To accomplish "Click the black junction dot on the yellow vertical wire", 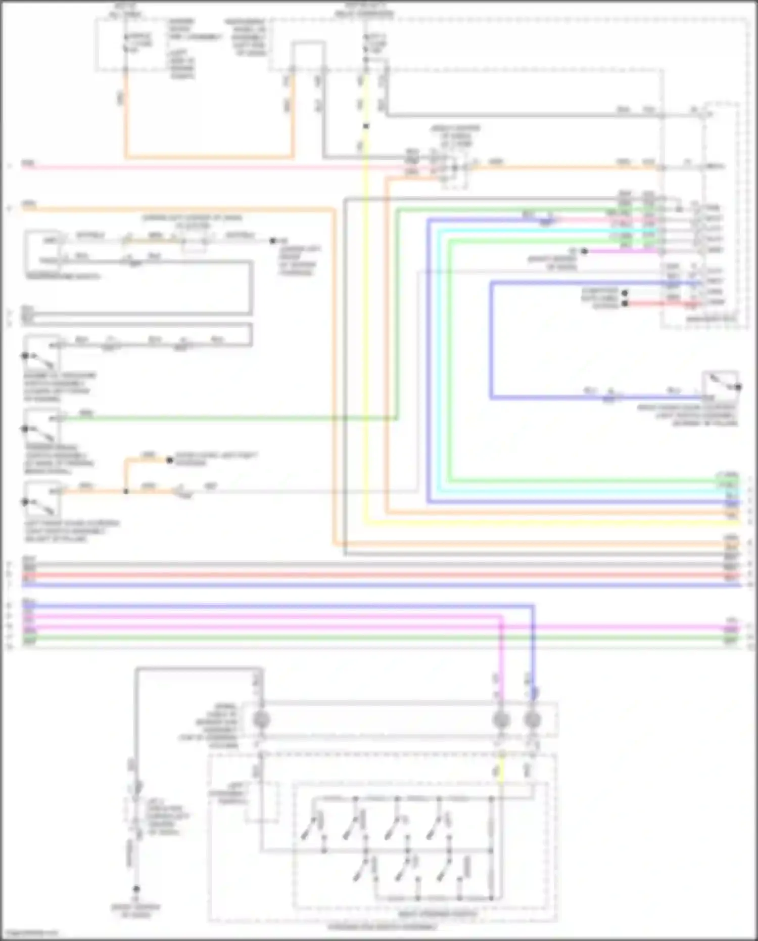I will (366, 126).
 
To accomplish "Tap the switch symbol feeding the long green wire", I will (43, 426).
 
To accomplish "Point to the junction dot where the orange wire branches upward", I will (126, 491).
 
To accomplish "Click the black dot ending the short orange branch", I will (170, 460).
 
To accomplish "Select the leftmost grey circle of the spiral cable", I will (261, 720).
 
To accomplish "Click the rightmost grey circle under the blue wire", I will (532, 720).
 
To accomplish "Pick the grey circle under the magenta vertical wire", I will (500, 720).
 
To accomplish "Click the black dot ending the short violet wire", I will (584, 251).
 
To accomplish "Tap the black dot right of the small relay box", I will (273, 241).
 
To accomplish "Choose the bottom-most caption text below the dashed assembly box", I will (382, 928).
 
